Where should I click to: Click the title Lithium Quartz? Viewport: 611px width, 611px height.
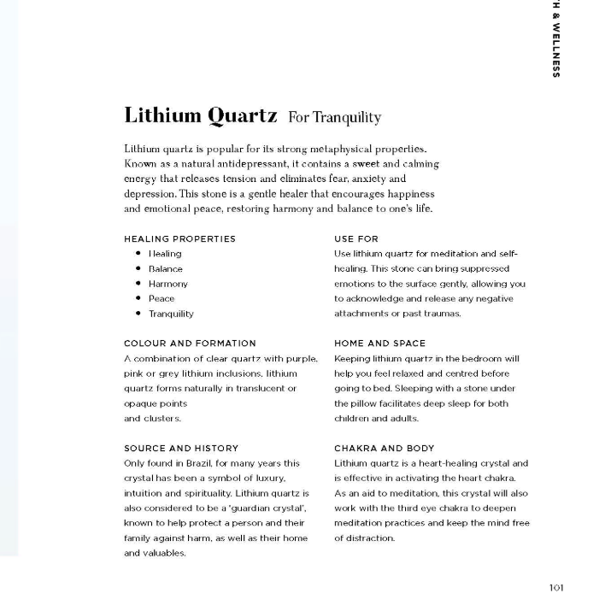(x=200, y=115)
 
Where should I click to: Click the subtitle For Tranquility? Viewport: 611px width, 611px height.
(x=334, y=117)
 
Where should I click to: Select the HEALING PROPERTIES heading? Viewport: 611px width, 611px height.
(x=179, y=238)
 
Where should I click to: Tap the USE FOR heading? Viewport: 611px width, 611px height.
(x=356, y=238)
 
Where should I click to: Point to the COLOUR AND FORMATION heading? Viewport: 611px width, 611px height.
(x=190, y=344)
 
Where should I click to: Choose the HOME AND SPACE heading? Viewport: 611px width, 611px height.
(x=379, y=344)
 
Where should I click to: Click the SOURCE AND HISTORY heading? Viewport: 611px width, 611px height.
(x=181, y=448)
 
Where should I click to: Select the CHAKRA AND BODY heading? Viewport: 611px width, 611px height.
(x=384, y=448)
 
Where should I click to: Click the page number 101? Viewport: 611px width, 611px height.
(x=555, y=587)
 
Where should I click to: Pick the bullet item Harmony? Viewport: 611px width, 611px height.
(x=167, y=284)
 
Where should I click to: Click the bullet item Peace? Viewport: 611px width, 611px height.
(x=162, y=298)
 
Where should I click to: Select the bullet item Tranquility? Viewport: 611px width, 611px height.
(x=171, y=314)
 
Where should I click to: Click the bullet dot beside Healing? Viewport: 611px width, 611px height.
(x=138, y=254)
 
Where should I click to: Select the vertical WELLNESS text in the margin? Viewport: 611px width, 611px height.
(x=556, y=50)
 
